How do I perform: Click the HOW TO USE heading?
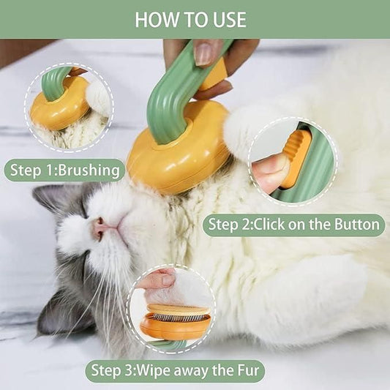(191, 19)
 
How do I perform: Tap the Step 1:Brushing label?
(64, 171)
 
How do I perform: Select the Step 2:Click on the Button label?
(293, 224)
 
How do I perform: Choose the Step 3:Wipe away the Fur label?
(174, 370)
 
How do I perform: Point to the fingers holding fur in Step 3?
(158, 279)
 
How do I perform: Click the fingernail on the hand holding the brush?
(206, 53)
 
